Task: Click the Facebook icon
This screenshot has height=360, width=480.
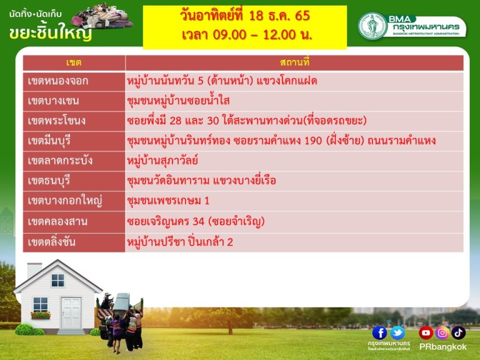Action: click(379, 333)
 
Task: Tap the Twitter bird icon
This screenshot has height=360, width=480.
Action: click(397, 333)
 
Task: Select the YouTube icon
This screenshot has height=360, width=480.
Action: click(426, 333)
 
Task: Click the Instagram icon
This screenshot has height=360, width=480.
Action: click(442, 333)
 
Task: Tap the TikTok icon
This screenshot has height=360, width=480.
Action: click(458, 333)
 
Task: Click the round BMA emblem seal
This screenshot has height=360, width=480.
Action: click(372, 26)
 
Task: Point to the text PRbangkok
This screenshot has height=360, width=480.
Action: click(442, 347)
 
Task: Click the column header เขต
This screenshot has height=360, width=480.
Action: click(74, 62)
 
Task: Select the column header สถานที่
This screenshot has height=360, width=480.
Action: click(294, 62)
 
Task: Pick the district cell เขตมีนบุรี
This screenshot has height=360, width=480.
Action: click(49, 141)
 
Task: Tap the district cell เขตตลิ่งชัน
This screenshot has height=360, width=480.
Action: click(51, 242)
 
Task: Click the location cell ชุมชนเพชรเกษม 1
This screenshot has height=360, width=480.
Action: click(168, 201)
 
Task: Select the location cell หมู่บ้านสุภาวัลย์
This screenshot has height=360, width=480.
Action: click(162, 161)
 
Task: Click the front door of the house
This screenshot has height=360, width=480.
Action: click(71, 314)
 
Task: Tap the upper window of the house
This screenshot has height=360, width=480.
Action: click(58, 281)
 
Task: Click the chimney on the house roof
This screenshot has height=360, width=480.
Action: click(34, 270)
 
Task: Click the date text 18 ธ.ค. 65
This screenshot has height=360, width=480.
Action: click(279, 16)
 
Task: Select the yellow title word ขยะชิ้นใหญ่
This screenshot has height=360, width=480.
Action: click(51, 33)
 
